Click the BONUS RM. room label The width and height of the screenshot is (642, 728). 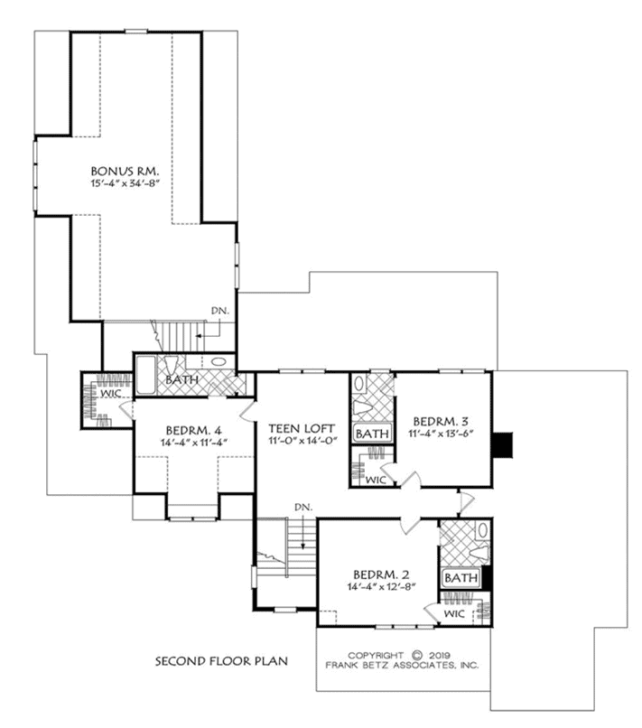coord(125,171)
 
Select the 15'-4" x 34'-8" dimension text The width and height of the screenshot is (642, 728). coord(126,183)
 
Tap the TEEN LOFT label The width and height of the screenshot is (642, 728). coord(302,428)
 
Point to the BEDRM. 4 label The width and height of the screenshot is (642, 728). coord(194,431)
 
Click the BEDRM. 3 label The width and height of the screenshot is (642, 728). coord(441,422)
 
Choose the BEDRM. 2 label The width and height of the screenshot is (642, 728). coord(381,574)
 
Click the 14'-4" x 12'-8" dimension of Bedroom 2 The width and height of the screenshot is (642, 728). coord(381,586)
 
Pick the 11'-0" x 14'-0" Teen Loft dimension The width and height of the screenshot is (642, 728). coord(302,441)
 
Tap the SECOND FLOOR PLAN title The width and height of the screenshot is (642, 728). coord(221,660)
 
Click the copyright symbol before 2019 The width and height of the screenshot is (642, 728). coord(417,655)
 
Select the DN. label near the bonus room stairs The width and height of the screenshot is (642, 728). coord(220,311)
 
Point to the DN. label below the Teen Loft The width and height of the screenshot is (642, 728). coord(303,507)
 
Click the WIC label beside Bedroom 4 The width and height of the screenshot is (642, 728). coord(111,394)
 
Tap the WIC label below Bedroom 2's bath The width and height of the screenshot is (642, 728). coord(454,614)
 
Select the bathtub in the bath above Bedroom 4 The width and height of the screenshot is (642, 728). coord(145,376)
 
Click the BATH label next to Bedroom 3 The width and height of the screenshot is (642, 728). coord(372,434)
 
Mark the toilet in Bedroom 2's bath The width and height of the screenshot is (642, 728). coord(480,553)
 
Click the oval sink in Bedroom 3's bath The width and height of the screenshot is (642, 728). coord(359,384)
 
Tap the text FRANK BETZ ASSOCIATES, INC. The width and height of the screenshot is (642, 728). coord(402,666)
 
